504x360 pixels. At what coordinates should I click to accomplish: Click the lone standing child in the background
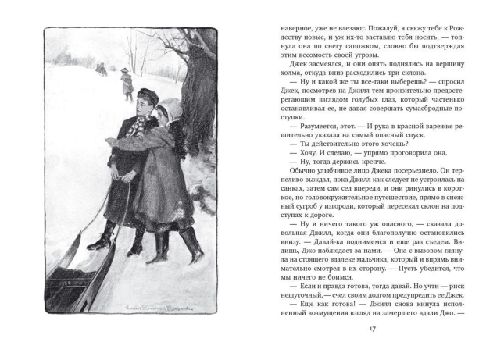[x=127, y=83]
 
